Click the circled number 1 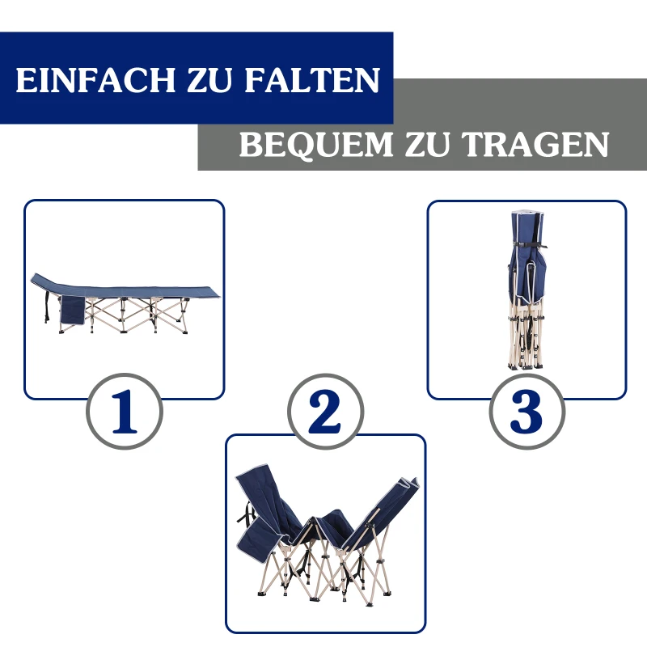(x=124, y=412)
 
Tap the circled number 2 (x=325, y=412)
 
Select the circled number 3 (x=526, y=412)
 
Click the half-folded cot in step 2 (x=328, y=538)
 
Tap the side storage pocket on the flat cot (x=72, y=311)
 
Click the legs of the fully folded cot (x=526, y=340)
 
